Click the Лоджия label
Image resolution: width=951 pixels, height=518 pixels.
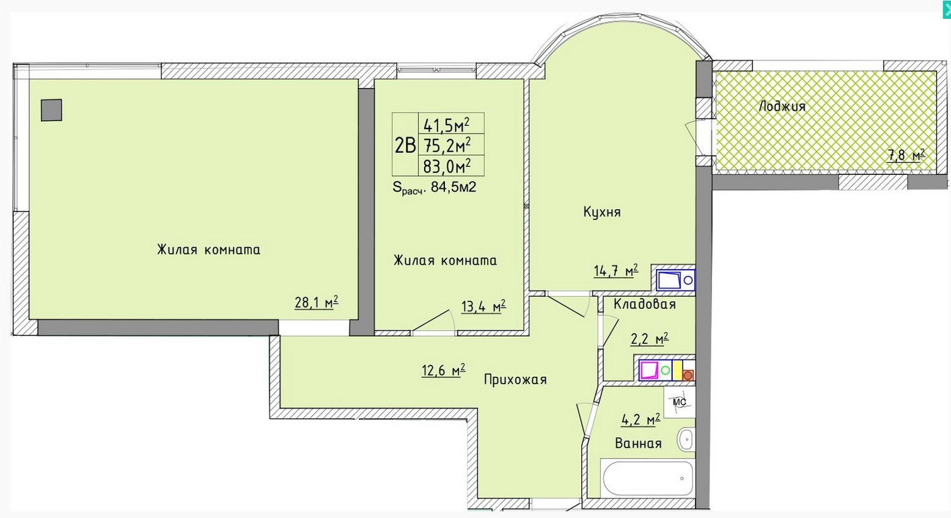[x=782, y=106]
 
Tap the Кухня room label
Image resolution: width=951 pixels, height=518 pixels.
[x=602, y=212]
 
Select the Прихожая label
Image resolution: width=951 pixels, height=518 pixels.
[x=515, y=379]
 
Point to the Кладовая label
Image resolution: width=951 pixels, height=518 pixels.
[x=645, y=304]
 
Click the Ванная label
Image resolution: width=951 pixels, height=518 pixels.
[x=638, y=443]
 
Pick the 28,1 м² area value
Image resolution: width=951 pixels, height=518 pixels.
[x=317, y=302]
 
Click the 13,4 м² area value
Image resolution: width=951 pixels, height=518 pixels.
[x=483, y=306]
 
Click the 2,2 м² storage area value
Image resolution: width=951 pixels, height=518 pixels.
[x=650, y=339]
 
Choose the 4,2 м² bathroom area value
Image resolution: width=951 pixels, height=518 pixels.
[x=641, y=420]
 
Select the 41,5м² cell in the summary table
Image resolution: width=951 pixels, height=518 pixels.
[x=446, y=125]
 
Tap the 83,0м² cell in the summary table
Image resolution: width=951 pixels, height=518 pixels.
[x=447, y=166]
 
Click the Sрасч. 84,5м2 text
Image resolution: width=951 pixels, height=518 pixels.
[x=435, y=187]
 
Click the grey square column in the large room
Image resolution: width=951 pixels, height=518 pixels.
[x=51, y=110]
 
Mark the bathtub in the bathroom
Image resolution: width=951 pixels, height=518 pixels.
[x=647, y=478]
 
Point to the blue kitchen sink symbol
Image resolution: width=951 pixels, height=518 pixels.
[x=675, y=280]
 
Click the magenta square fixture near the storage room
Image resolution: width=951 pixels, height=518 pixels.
[x=648, y=370]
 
